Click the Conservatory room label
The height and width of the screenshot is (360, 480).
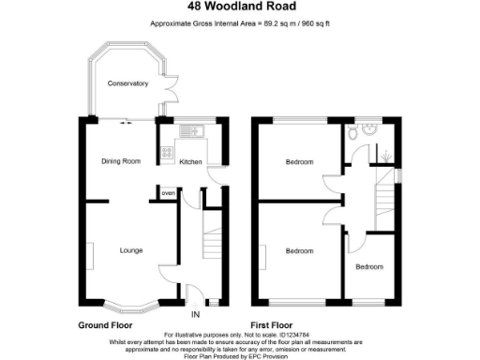click(x=127, y=83)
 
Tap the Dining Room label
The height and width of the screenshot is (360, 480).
click(x=121, y=161)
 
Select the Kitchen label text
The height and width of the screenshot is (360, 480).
click(x=190, y=161)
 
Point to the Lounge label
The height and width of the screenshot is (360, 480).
click(x=130, y=250)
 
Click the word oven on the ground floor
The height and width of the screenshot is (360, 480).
click(x=168, y=193)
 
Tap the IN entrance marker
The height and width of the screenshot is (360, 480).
click(x=195, y=314)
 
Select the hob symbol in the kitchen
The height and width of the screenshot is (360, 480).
click(x=165, y=153)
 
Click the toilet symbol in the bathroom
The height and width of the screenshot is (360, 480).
click(x=351, y=134)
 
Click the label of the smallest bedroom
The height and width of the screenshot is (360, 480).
click(x=369, y=267)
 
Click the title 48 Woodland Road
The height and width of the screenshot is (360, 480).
click(x=239, y=8)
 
